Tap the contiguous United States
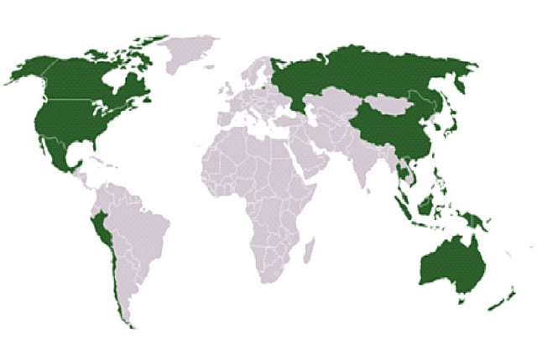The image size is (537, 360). [x=76, y=122]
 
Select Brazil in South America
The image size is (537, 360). [x=143, y=227]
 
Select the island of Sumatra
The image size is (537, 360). [x=402, y=206]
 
